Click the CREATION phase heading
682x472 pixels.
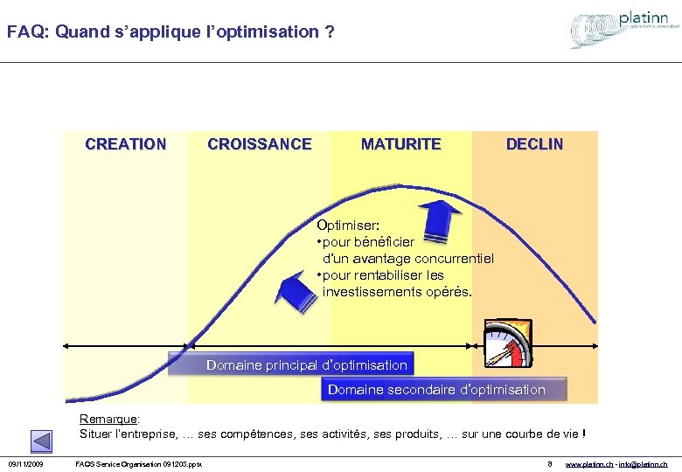coord(125,144)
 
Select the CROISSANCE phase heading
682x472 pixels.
coord(259,144)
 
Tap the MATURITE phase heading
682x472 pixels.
coord(400,144)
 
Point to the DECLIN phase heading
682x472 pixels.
coord(534,144)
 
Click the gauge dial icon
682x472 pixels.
coord(508,344)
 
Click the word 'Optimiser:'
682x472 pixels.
coord(348,225)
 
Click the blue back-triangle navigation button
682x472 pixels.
coord(41,441)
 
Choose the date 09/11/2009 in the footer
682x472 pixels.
coord(26,463)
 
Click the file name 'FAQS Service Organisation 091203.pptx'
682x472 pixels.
coord(139,463)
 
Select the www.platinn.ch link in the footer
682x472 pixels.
coord(590,463)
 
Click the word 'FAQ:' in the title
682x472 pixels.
coord(27,32)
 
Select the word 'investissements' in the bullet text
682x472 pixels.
coord(367,291)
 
